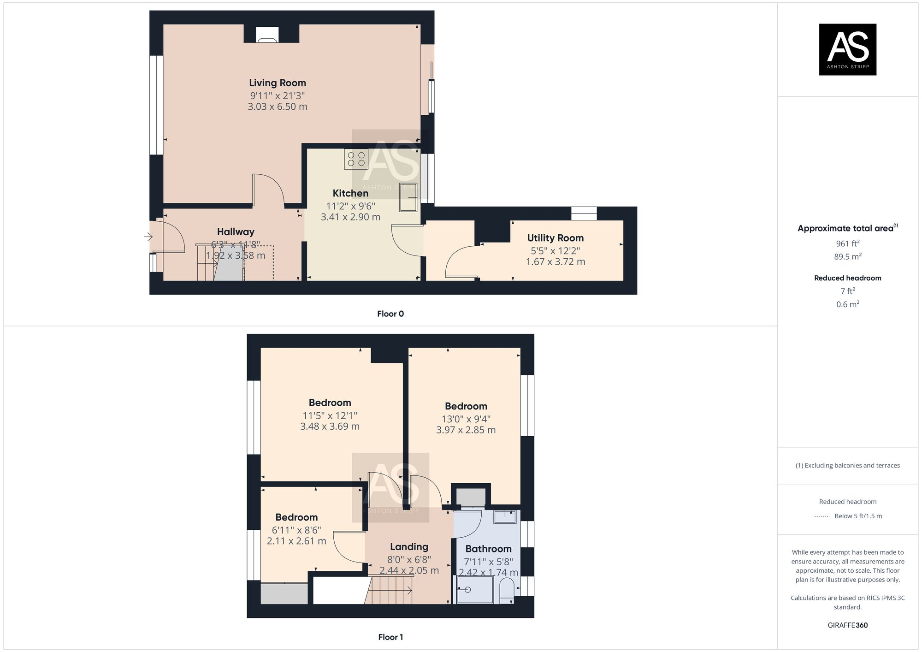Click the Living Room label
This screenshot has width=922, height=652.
click(x=278, y=83)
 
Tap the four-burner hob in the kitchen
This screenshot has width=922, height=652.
click(x=356, y=159)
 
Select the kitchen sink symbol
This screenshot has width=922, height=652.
click(x=408, y=197)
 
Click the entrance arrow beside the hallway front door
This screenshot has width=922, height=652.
click(x=148, y=237)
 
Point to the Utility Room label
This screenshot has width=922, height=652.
click(x=555, y=238)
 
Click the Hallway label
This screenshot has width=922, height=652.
click(x=236, y=232)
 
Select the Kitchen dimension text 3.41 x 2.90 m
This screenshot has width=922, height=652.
click(x=350, y=217)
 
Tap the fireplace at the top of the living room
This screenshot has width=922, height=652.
click(x=267, y=35)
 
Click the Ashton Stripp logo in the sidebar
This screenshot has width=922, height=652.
click(x=847, y=49)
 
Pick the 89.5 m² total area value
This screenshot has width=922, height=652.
click(x=847, y=257)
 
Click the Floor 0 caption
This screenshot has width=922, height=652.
click(x=390, y=314)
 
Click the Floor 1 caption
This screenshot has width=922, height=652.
click(x=390, y=637)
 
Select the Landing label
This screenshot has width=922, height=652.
click(x=409, y=547)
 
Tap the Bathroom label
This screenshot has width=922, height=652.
click(x=488, y=549)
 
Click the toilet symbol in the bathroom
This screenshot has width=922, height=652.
click(x=506, y=590)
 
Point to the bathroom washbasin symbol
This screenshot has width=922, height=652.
click(x=505, y=516)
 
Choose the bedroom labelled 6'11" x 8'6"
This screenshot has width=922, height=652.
click(x=296, y=517)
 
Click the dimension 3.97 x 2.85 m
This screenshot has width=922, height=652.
click(x=466, y=430)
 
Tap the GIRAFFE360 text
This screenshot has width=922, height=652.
click(x=847, y=625)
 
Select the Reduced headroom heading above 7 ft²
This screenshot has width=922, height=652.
click(x=847, y=278)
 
